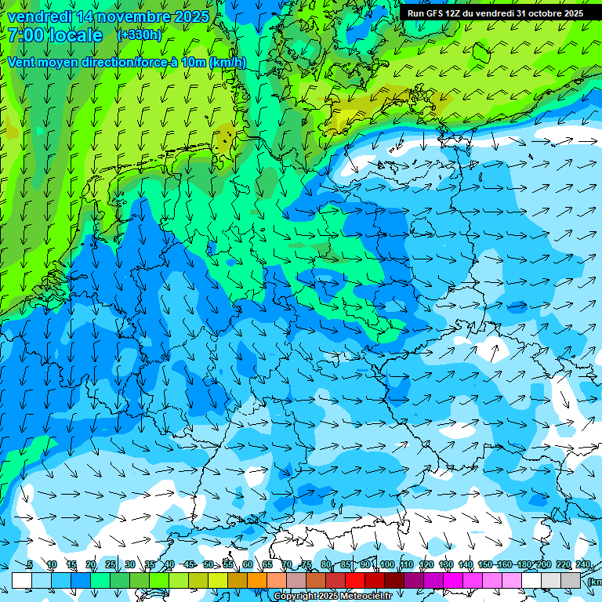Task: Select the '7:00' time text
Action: point(25,35)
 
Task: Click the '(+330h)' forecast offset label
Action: point(140,34)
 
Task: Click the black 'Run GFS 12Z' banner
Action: point(494,13)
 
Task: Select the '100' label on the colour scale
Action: point(387,565)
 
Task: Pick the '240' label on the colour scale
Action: point(582,565)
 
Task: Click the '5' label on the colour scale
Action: point(30,565)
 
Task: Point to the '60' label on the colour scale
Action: point(247,565)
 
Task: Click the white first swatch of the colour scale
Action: point(22,580)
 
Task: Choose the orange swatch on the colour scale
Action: point(257,580)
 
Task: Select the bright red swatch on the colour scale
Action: point(355,580)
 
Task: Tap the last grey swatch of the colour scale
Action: point(571,580)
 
